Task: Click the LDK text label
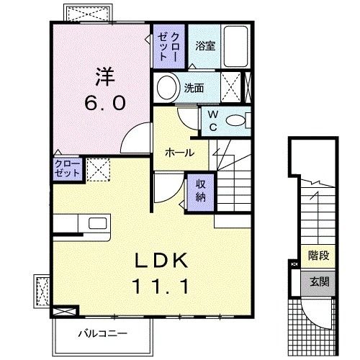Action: (161, 260)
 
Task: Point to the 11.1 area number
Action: (161, 286)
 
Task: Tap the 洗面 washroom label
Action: (194, 89)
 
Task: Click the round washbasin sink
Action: (167, 89)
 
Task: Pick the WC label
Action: (214, 119)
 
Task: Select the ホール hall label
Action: (179, 153)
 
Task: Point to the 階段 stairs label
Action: (318, 256)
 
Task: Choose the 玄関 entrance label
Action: (319, 282)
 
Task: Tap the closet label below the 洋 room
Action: (67, 170)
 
